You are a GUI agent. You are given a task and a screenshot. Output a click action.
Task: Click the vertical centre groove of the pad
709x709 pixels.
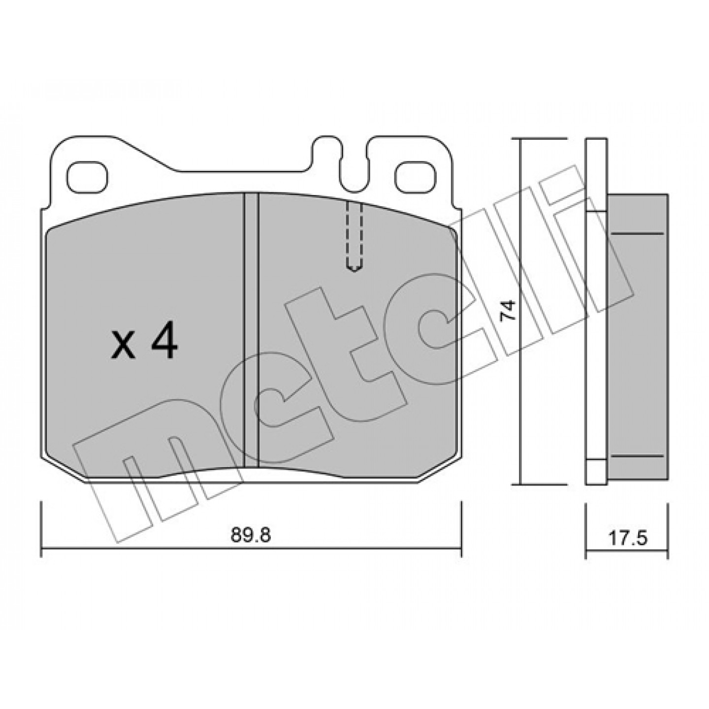252,331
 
